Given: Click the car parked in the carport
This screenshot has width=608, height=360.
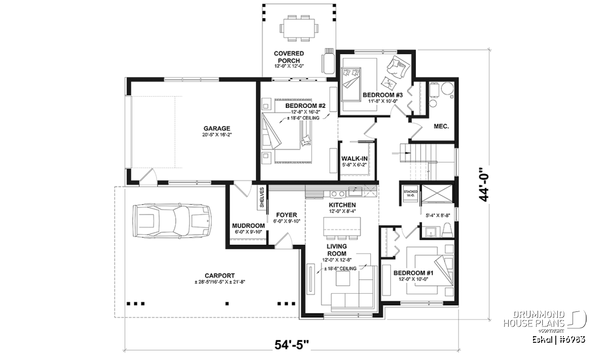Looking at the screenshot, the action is coord(172,221).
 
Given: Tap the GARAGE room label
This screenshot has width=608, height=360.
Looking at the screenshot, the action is coord(217,128).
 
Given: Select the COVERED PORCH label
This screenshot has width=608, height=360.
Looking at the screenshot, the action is coord(289,57).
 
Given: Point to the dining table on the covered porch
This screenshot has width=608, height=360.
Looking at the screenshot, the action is coord(299,28).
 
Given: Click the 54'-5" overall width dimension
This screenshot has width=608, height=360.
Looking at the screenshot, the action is coord(292,345).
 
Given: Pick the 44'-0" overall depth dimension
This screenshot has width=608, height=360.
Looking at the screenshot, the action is coord(484,184).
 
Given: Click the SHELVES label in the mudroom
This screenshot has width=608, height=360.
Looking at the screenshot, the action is coord(261,197).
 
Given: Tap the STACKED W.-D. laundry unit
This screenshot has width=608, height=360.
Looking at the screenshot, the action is coord(410,194).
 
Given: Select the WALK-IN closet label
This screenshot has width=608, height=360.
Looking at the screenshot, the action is coord(355,158).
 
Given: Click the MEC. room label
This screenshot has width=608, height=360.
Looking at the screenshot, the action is coord(441,126).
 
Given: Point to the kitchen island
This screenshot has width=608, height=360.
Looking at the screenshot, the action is coord(342,226).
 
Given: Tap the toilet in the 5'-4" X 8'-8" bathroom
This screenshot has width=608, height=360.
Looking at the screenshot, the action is coord(447,230).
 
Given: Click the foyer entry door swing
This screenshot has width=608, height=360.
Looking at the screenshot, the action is coord(283,241).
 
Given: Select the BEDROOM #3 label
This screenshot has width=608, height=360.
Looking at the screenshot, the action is coord(383,95).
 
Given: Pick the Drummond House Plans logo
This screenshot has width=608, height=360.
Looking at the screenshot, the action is coord(545,322).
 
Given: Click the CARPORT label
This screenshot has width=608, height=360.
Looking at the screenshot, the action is coord(219,275).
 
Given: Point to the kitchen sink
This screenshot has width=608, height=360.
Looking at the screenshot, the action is coord(355,192).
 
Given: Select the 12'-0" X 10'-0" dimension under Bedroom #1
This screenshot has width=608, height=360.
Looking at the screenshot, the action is coord(413,279).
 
